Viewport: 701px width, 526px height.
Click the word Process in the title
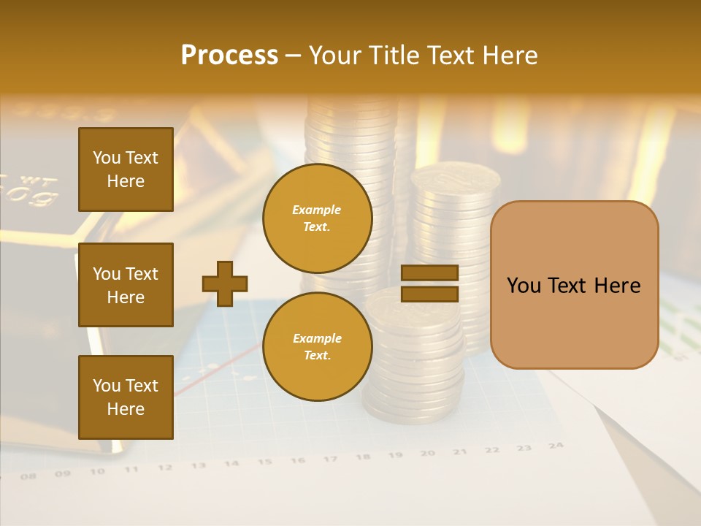click(x=229, y=56)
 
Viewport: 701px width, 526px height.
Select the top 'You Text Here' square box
click(x=126, y=169)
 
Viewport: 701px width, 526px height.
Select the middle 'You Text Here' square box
click(x=126, y=285)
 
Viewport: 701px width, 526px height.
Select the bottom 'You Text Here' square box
click(x=126, y=397)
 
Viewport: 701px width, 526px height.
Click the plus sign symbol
click(x=225, y=283)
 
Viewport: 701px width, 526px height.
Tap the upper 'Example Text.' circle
click(x=317, y=218)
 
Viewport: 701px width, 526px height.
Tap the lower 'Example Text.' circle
click(x=317, y=347)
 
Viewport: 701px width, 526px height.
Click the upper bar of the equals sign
click(x=429, y=273)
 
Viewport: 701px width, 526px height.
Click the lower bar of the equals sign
click(x=429, y=294)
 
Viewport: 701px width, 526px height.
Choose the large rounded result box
click(x=574, y=285)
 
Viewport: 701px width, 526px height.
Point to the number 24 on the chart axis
click(x=556, y=445)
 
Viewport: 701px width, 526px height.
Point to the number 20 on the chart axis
click(x=428, y=453)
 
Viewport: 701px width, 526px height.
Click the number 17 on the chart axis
click(x=330, y=459)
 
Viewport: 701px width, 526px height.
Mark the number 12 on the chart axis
click(x=165, y=468)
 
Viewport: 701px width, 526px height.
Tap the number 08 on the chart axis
click(x=28, y=476)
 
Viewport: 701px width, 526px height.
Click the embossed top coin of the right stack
click(x=455, y=176)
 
